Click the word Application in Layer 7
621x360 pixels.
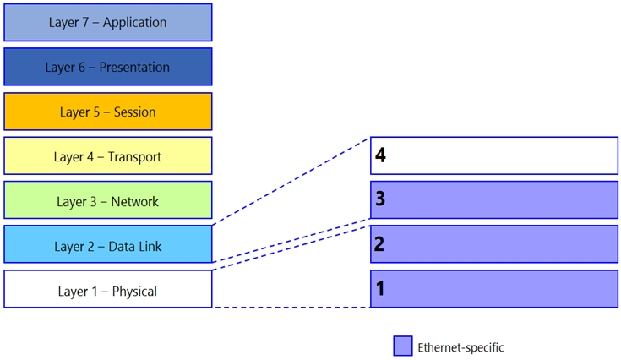134,23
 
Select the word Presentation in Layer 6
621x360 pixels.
134,68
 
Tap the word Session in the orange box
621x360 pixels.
134,112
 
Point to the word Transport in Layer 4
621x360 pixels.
134,157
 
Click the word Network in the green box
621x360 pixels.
134,202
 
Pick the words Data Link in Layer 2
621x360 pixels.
135,246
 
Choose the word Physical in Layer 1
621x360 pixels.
134,292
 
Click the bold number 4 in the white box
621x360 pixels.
380,155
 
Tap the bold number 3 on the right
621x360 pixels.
380,199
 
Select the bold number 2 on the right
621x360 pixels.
379,244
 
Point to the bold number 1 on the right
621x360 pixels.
380,288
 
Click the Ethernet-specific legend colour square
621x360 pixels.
403,346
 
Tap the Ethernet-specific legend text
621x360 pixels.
460,347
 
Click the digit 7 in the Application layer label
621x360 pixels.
85,23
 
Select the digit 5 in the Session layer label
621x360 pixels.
96,112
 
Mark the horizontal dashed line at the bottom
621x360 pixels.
291,308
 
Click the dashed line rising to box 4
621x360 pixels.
291,182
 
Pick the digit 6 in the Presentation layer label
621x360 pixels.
82,68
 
